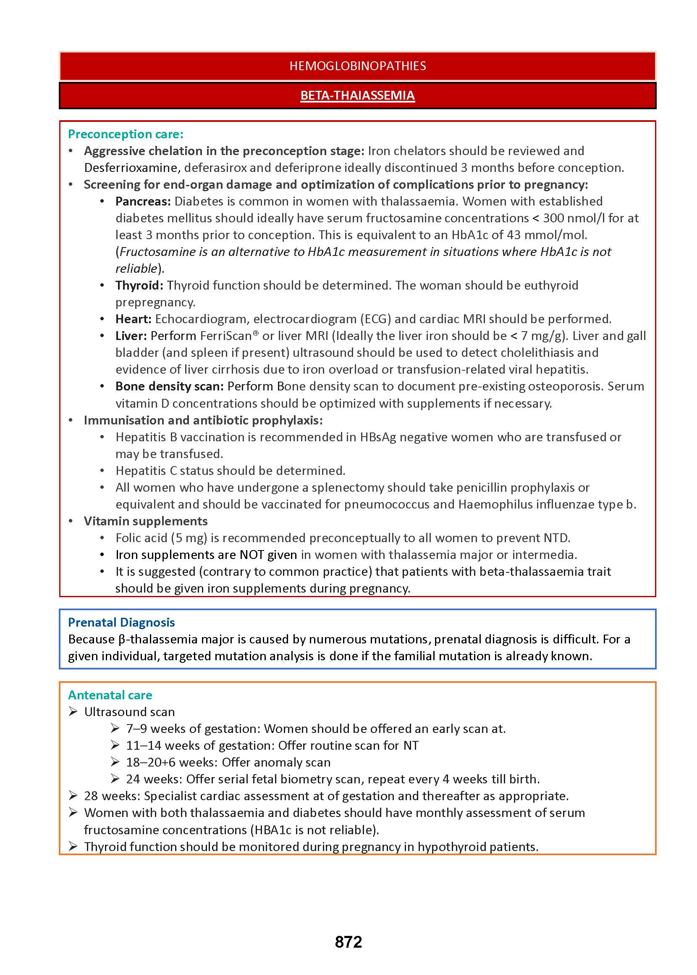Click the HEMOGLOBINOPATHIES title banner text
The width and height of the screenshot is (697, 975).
tap(357, 66)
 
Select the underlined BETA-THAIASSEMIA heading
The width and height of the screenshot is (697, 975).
tap(357, 95)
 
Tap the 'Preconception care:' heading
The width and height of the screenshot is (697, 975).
tap(126, 134)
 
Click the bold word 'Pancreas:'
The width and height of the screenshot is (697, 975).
tap(143, 201)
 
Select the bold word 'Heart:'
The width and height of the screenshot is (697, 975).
tap(134, 319)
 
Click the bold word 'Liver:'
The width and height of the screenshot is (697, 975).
tap(131, 336)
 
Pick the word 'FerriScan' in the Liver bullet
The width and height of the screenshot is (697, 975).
tap(226, 336)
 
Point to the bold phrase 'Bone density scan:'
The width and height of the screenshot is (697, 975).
tap(170, 387)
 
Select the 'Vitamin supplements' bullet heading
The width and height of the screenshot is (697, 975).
tap(146, 521)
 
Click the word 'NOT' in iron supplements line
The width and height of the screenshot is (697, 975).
tap(252, 555)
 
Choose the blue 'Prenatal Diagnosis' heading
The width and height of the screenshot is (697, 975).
tap(121, 622)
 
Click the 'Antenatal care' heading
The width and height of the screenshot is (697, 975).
tap(110, 695)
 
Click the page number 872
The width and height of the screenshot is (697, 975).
tap(348, 942)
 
